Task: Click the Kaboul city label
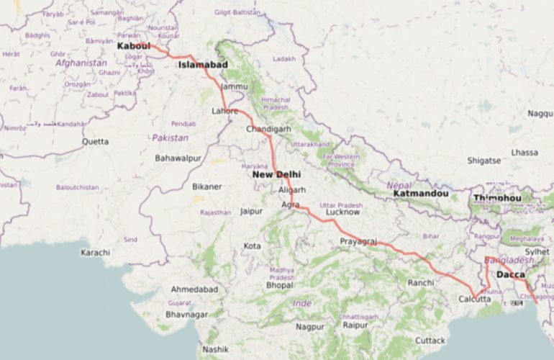135,46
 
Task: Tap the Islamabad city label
203,65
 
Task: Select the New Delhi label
276,175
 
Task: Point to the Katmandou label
422,194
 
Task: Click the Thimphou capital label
497,198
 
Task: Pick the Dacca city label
511,275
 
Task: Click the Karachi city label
95,253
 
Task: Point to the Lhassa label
524,153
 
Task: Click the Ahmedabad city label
194,289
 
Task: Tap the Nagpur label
310,326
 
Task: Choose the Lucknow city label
342,213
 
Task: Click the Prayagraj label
358,240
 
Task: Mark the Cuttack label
430,339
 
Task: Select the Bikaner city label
207,186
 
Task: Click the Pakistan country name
171,138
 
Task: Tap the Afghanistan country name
81,63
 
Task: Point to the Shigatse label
483,161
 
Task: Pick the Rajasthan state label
216,212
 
